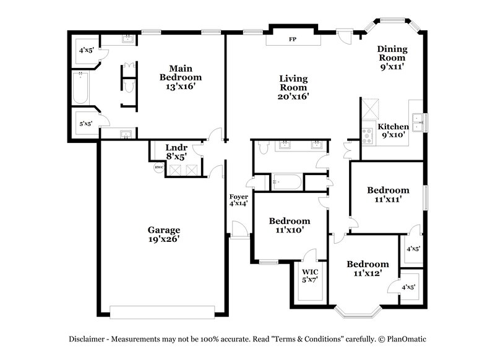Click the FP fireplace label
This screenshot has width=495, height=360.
(293, 40)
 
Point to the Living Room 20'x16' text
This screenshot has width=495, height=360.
(293, 87)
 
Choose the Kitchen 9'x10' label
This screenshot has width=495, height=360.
(393, 131)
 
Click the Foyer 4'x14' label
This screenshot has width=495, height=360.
(239, 200)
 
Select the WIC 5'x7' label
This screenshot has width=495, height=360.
(310, 276)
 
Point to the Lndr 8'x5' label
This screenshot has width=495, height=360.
(176, 152)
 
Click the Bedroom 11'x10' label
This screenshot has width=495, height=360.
(289, 225)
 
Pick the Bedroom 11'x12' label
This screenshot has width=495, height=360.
(368, 268)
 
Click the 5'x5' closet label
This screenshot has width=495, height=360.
(85, 124)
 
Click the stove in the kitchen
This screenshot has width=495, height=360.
(367, 135)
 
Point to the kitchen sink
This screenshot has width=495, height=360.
(419, 122)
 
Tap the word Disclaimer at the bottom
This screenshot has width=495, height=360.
(89, 339)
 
